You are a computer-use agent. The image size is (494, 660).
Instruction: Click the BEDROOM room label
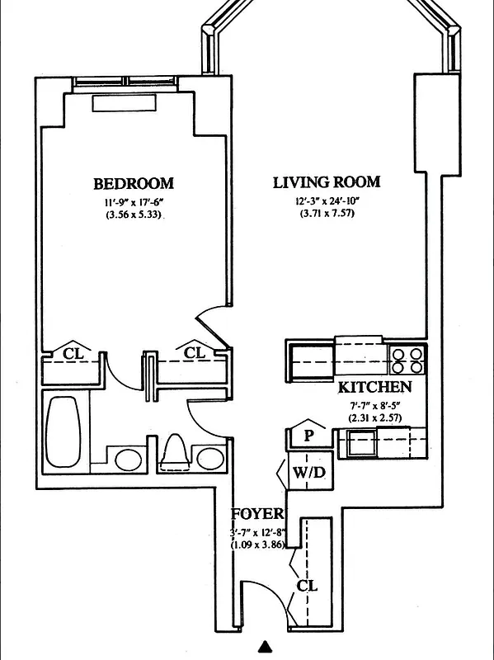[133, 183]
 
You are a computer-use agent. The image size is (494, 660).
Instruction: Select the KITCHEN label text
[374, 387]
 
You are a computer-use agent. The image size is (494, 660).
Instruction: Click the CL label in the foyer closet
[307, 587]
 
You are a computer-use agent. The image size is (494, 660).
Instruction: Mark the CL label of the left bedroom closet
[74, 353]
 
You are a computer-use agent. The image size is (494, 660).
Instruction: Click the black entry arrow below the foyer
[265, 648]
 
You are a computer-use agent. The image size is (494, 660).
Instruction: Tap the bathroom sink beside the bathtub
[127, 459]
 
